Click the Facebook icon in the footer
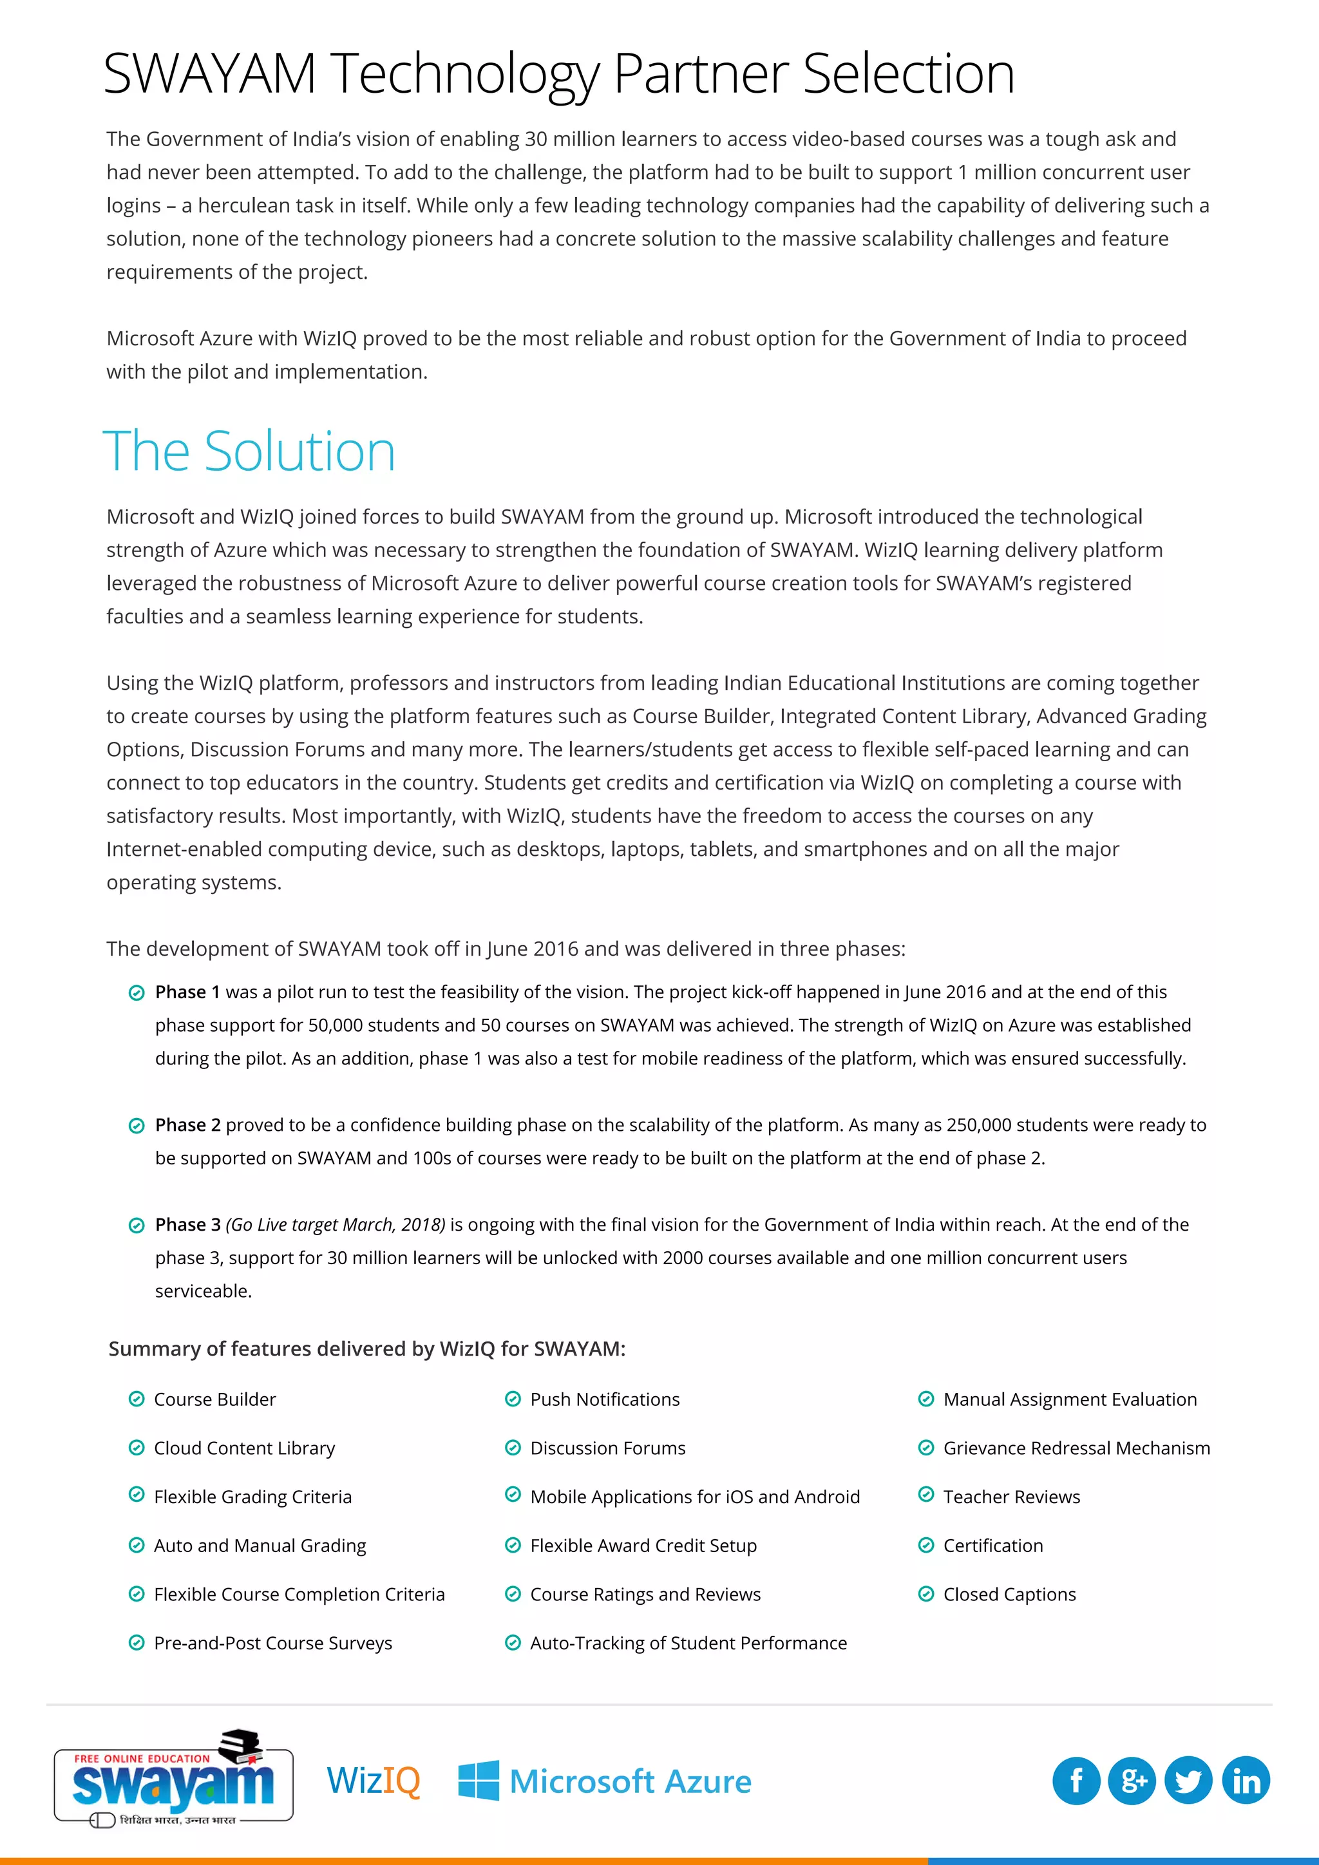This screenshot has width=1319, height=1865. [x=1076, y=1781]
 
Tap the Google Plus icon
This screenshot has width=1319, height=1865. [x=1132, y=1781]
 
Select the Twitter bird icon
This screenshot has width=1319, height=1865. [x=1188, y=1781]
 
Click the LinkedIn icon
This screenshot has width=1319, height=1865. [x=1246, y=1781]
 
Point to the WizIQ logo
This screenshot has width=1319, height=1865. [x=374, y=1781]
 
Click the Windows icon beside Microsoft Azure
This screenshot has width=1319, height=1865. [x=479, y=1781]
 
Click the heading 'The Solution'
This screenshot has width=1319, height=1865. [x=249, y=451]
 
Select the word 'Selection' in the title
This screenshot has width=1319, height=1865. [x=909, y=74]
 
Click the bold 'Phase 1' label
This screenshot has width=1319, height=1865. [x=187, y=992]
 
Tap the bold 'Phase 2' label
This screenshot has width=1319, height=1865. [x=187, y=1125]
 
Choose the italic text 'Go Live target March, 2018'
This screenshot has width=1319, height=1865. [x=336, y=1225]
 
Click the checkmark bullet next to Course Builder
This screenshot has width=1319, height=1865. [x=137, y=1399]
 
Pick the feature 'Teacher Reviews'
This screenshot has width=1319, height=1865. [x=1011, y=1497]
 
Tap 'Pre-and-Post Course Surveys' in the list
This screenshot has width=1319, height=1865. [x=273, y=1643]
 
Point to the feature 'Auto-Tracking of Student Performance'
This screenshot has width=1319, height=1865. [x=688, y=1643]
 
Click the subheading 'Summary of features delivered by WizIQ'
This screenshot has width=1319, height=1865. [x=366, y=1349]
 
